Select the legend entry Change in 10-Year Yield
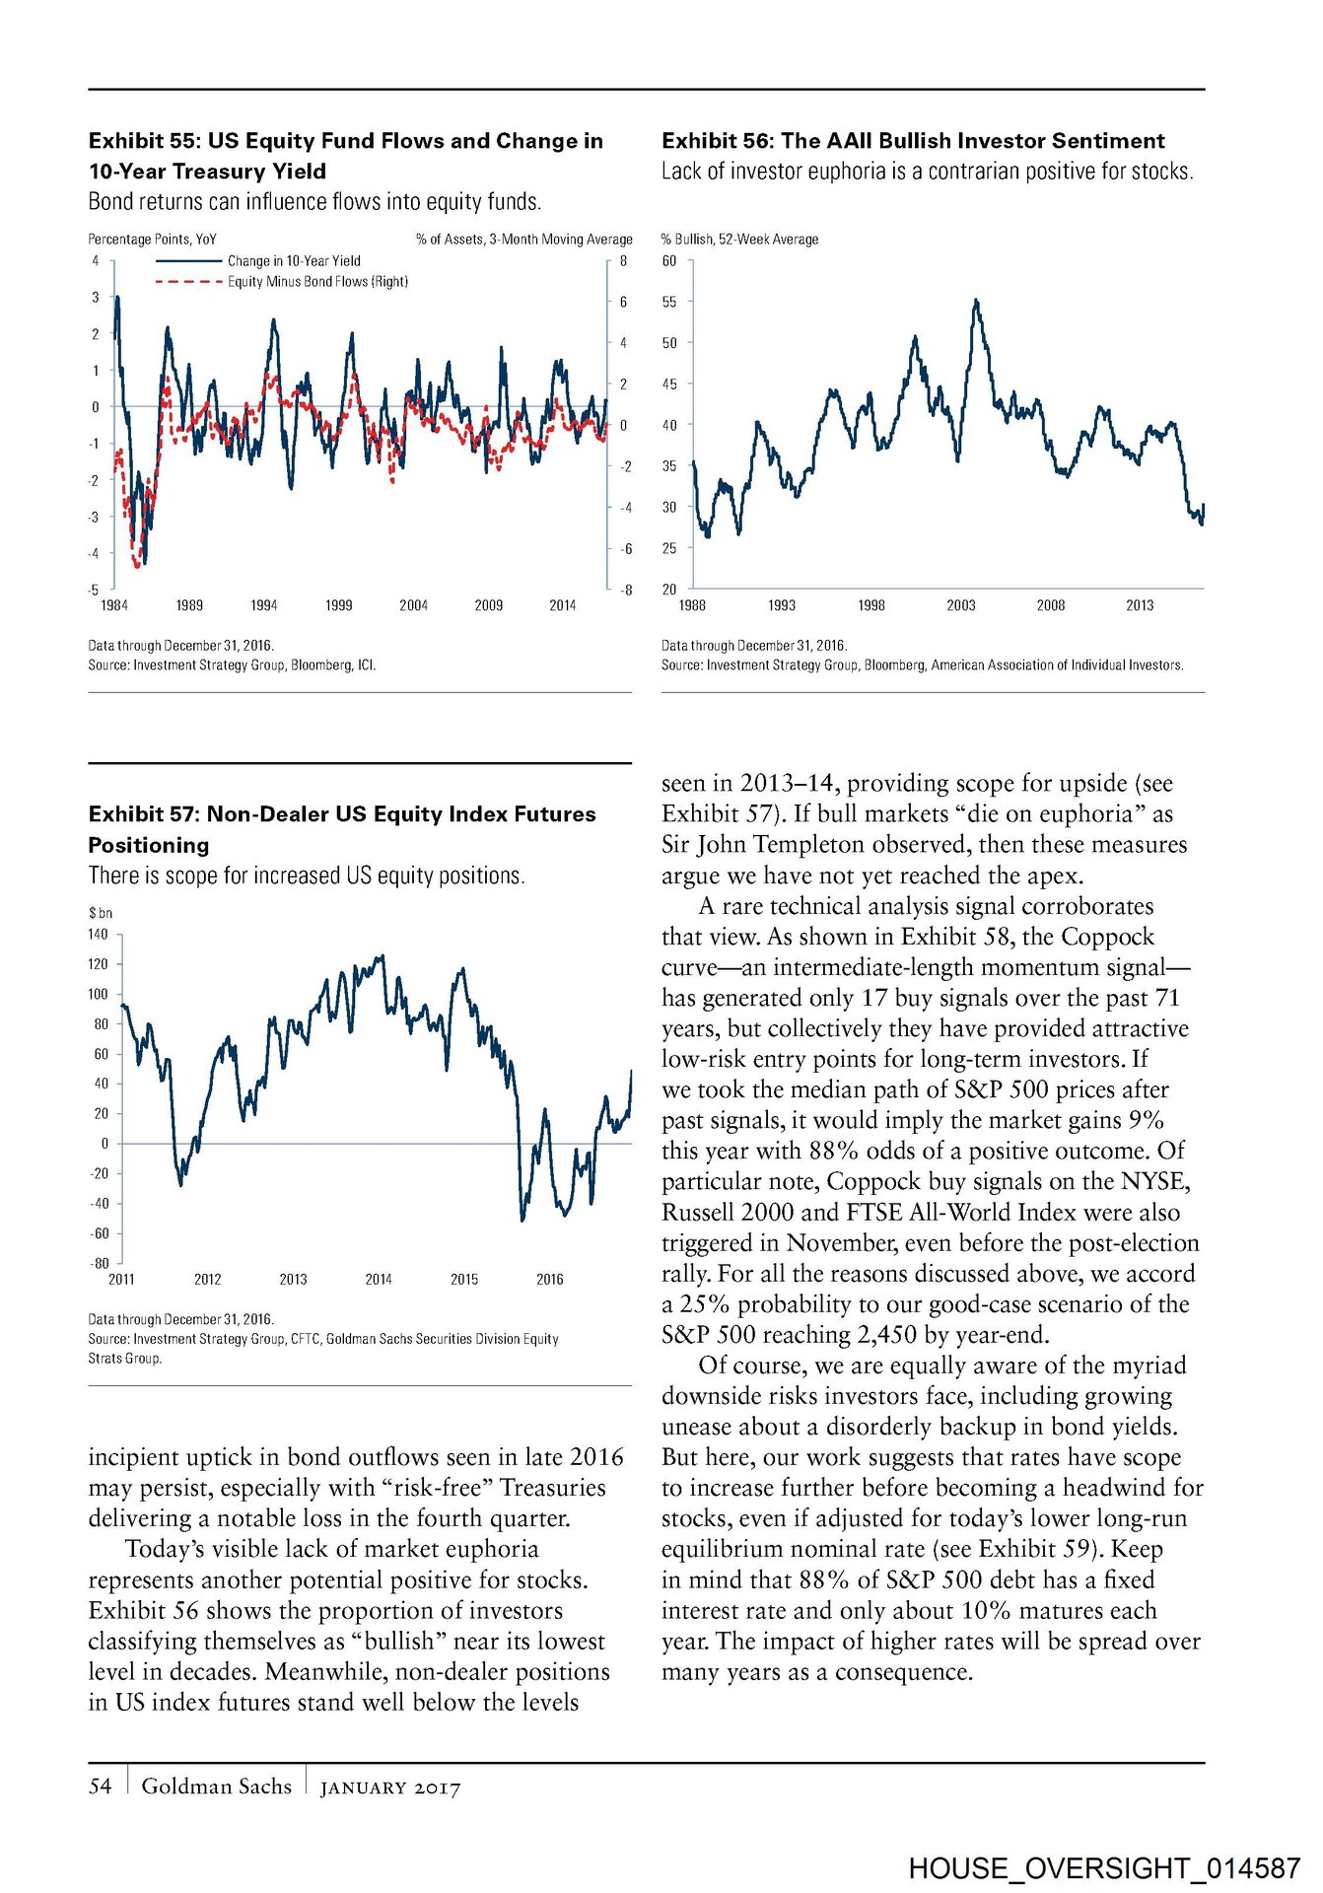click(294, 261)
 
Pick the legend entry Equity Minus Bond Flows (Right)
click(317, 282)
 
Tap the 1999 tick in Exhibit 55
click(338, 605)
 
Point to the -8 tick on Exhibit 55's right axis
click(625, 591)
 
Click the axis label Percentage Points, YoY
click(152, 240)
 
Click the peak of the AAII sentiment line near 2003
click(976, 300)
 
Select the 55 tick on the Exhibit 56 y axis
click(669, 302)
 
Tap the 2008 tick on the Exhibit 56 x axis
click(1050, 605)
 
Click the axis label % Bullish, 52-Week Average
click(739, 240)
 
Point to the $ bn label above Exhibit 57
click(101, 913)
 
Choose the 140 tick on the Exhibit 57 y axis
click(99, 935)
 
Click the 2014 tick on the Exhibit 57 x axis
click(379, 1280)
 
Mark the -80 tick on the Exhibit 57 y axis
click(100, 1264)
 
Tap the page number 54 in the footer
click(101, 1787)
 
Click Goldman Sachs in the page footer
click(217, 1787)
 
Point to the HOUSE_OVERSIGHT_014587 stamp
click(1104, 1868)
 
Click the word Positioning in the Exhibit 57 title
click(149, 845)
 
